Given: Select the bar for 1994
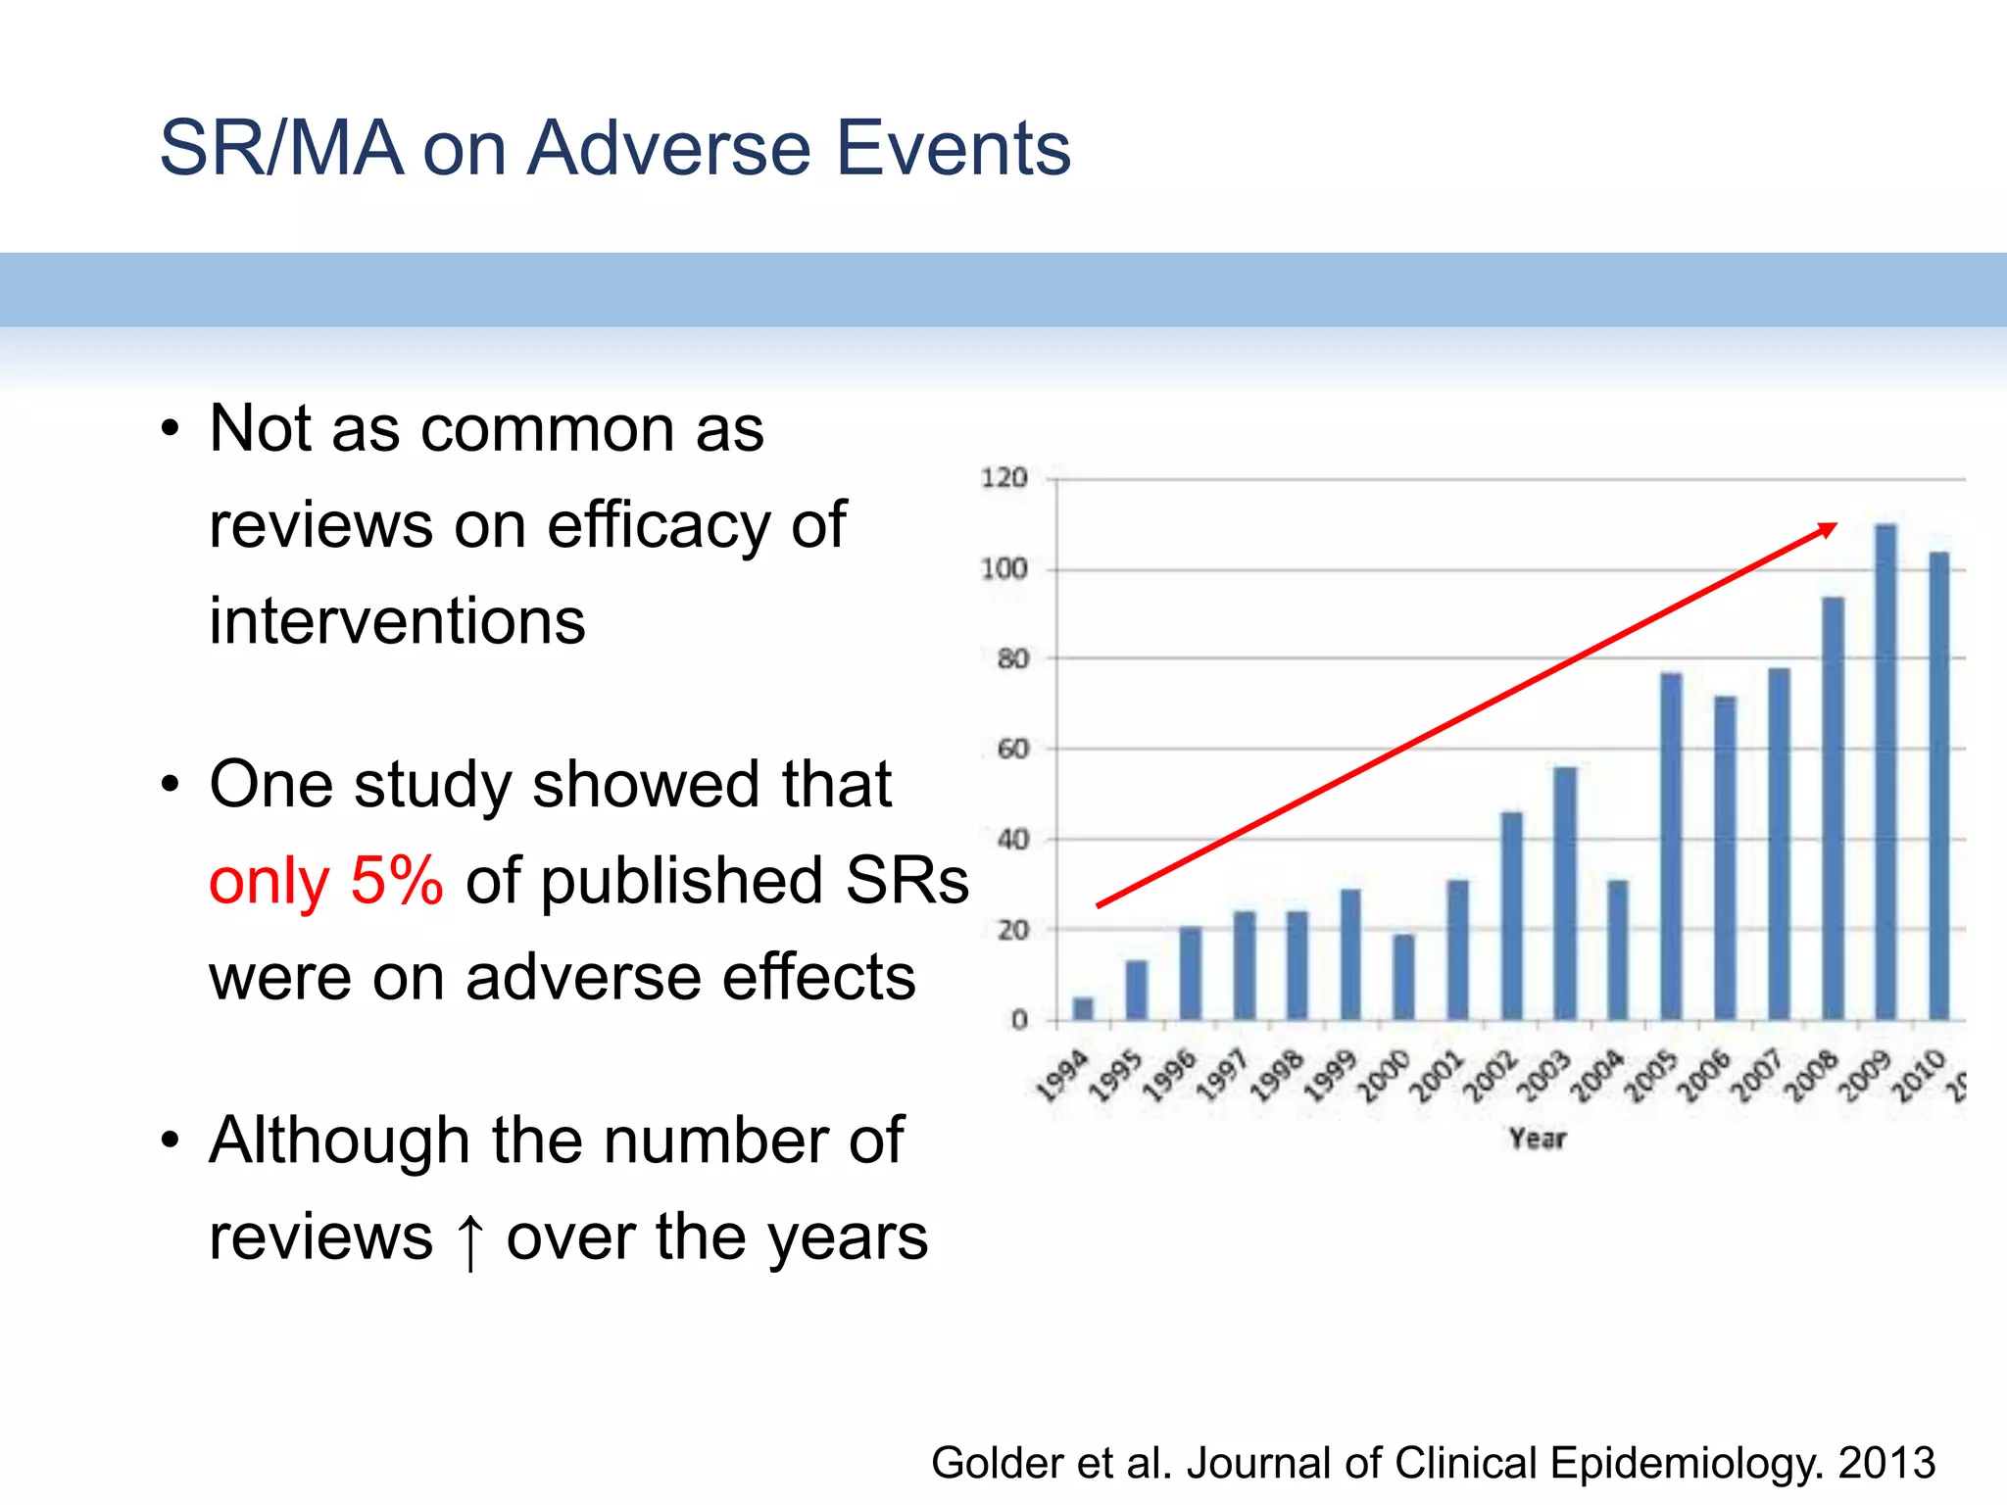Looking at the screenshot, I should pos(1083,1008).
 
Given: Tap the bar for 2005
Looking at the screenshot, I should pos(1671,847).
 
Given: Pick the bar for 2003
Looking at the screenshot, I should pos(1565,894).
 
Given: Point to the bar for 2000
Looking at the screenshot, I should pos(1404,977).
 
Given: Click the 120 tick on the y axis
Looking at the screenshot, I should pos(1003,478).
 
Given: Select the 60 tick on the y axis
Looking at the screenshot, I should pos(1012,750).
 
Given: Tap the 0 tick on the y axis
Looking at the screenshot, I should pos(1019,1020).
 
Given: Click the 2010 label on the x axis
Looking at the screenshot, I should pos(1918,1076).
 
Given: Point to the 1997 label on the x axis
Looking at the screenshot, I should pos(1222,1076).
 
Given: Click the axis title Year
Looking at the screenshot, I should pos(1537,1139).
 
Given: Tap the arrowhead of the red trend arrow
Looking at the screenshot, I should pos(1829,529).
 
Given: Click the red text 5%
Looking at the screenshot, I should pos(397,880).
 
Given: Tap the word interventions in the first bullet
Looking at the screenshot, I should pos(397,621).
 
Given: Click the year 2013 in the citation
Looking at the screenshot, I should pos(1886,1463).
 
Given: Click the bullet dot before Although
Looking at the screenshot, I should pos(171,1141).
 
